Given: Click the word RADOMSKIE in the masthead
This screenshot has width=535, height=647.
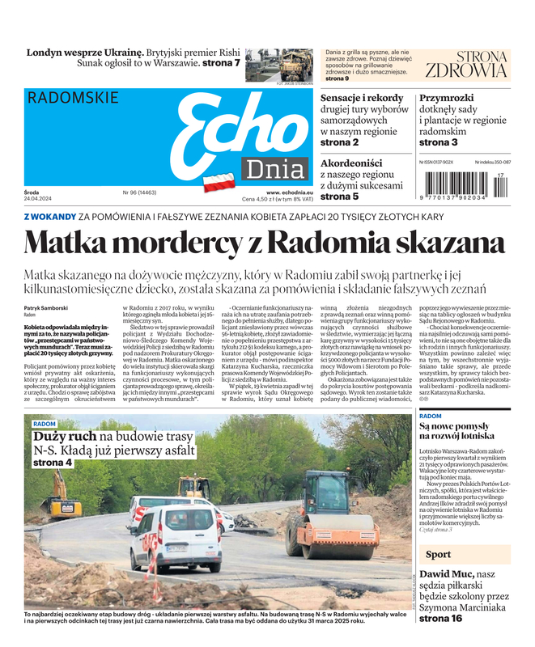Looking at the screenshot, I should coord(72,98).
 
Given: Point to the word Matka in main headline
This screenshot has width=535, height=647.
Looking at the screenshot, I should coord(73,243).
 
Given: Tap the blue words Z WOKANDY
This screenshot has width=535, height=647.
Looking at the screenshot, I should coord(49,217).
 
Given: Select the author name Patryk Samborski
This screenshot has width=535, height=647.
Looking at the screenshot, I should coord(47,309).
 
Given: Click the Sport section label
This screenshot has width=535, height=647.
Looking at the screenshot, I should coord(438,555).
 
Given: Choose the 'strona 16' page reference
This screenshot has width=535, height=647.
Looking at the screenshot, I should coord(441,618).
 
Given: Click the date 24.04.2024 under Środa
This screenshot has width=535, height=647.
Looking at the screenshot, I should coord(38,199).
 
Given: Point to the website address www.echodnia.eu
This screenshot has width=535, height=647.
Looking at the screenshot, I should coord(289,192).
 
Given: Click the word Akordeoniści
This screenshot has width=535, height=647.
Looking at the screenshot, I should coord(359,161).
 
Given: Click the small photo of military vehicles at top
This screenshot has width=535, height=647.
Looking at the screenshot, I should coord(278,65).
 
